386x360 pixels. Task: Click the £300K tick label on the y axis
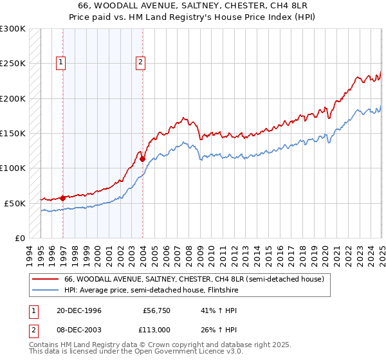(x=13, y=29)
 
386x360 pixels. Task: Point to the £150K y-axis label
(x=13, y=134)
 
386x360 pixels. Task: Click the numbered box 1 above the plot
(x=60, y=62)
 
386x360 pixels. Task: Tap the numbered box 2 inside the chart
(x=140, y=62)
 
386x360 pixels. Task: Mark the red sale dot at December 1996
(x=63, y=198)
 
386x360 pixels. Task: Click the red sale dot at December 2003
(x=142, y=159)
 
